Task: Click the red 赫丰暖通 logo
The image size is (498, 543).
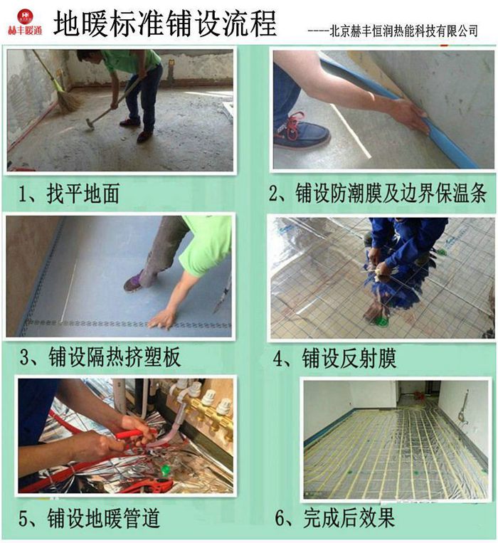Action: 25,23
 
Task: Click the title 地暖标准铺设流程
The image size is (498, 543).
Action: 165,23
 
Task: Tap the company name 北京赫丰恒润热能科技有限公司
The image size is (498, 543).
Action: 404,31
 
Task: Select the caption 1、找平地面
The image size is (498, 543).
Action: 69,194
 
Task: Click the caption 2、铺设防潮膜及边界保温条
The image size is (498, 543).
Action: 378,193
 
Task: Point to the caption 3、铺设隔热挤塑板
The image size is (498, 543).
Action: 100,357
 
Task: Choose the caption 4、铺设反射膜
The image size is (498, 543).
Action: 334,358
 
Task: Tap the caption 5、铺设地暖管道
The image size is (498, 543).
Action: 89,518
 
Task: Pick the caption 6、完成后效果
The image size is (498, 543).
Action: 335,517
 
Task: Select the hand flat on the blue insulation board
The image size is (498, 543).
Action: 162,319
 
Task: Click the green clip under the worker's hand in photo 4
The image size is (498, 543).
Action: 380,320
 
